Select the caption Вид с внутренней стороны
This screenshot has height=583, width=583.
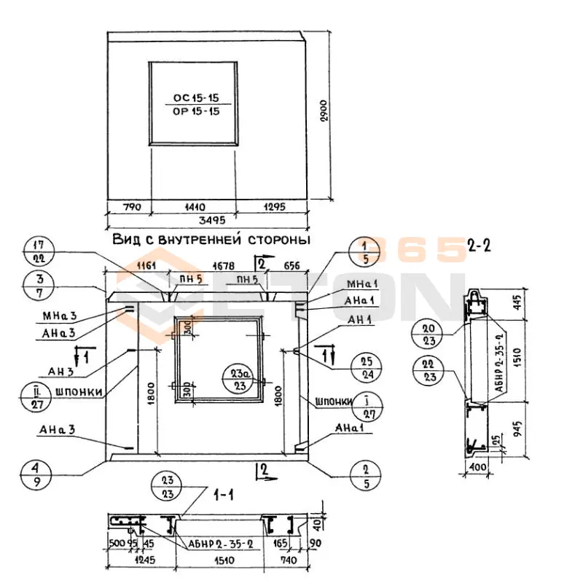pos(212,239)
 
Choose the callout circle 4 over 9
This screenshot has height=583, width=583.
pos(39,473)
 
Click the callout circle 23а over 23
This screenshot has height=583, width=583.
pos(238,380)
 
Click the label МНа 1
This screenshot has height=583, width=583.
pos(358,283)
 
